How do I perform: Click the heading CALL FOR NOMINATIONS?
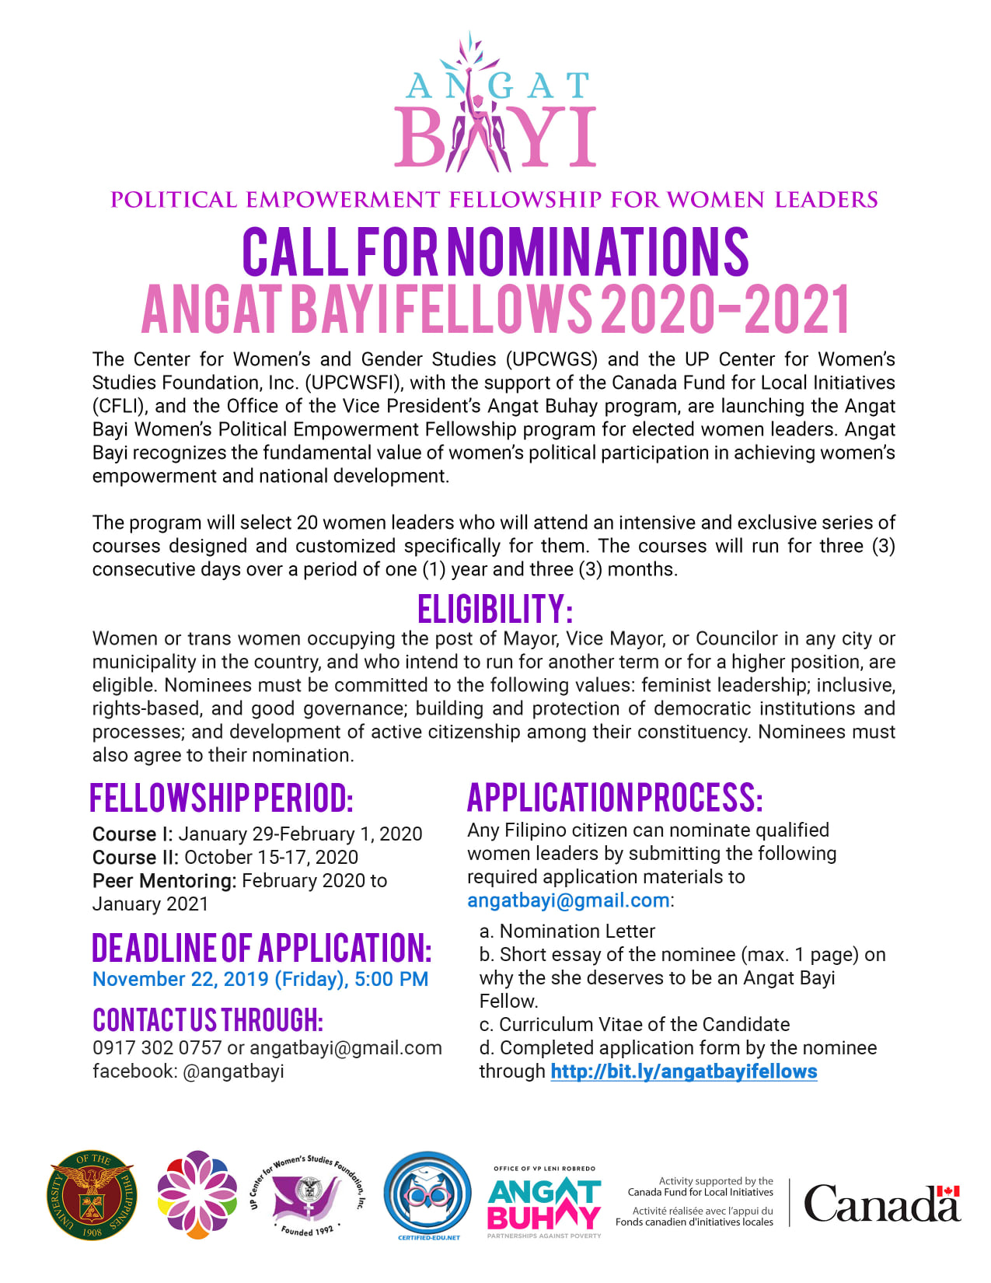(x=495, y=252)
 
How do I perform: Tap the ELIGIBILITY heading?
(x=495, y=609)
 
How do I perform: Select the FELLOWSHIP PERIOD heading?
(x=222, y=799)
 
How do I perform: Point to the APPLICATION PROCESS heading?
(x=615, y=798)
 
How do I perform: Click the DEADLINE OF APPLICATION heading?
(x=261, y=948)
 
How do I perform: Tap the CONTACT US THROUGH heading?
(x=208, y=1019)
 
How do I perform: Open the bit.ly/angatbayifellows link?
(x=683, y=1071)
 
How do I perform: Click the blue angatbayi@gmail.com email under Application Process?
(x=568, y=900)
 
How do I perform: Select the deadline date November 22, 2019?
(x=180, y=979)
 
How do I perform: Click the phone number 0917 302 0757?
(x=157, y=1048)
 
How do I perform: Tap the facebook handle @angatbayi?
(x=233, y=1071)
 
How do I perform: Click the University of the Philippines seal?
(x=92, y=1195)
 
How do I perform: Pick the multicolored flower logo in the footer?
(x=197, y=1195)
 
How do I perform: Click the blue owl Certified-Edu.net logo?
(x=427, y=1195)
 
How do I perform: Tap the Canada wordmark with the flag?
(x=882, y=1204)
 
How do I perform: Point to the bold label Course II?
(x=135, y=858)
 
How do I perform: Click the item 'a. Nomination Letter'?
(x=567, y=932)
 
